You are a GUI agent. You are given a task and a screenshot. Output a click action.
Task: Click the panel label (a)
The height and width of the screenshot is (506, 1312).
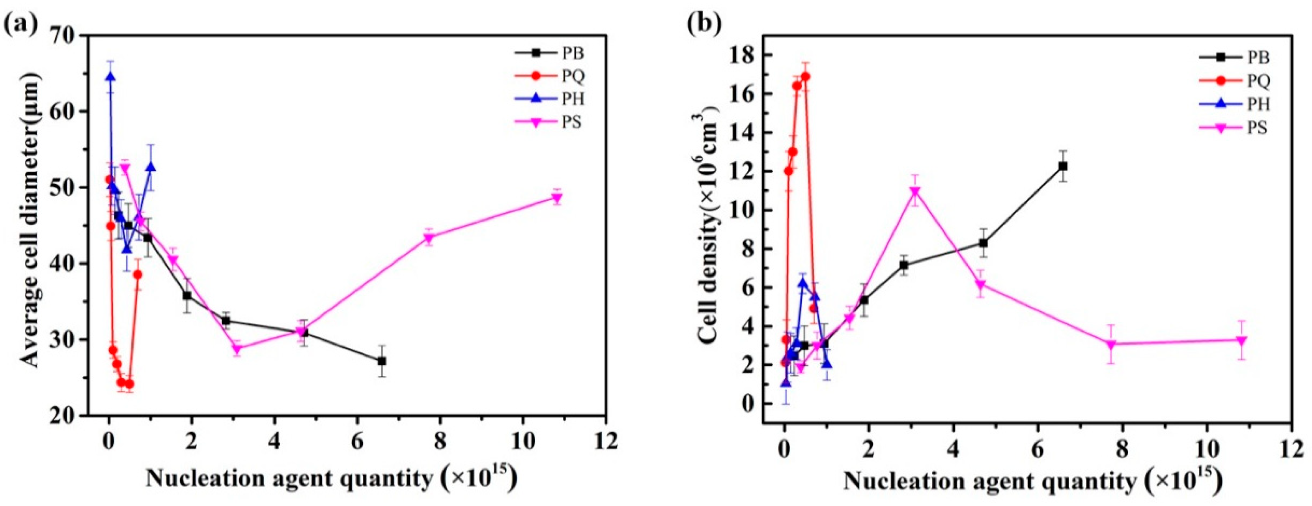[19, 22]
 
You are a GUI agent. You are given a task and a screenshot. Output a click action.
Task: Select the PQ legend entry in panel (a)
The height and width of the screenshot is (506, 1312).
[573, 77]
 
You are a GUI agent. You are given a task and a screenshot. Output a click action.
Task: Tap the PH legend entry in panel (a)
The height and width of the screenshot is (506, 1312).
[573, 99]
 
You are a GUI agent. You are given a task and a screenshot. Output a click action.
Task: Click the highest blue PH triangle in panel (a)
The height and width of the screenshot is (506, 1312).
[110, 77]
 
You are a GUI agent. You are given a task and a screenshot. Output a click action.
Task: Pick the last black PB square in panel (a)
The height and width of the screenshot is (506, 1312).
[381, 361]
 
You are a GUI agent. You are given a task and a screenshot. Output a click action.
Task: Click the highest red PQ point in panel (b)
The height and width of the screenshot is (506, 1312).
[805, 77]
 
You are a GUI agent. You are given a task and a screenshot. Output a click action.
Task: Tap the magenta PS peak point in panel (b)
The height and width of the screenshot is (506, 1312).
[915, 192]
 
